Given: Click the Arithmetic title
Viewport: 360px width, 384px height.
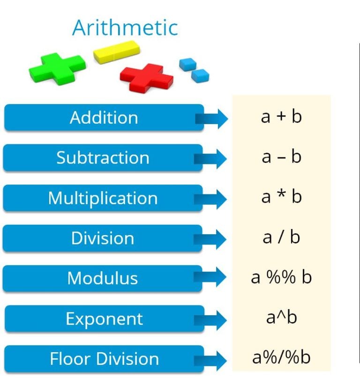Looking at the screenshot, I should (125, 28).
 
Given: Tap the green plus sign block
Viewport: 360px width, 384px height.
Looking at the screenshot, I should (57, 68).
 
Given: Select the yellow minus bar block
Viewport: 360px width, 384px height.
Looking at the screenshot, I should (117, 52).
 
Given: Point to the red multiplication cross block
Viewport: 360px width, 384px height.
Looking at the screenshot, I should (147, 76).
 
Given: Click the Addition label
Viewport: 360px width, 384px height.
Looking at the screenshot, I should (104, 118).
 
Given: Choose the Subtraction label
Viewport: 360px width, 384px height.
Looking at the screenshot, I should (103, 158).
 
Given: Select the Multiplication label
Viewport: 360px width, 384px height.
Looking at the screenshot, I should (103, 198).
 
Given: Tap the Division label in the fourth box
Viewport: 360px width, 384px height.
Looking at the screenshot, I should (103, 238).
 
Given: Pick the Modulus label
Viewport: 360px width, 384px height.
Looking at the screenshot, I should (103, 279).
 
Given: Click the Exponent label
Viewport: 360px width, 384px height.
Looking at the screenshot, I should (104, 319).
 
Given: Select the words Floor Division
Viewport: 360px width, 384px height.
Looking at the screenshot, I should (104, 359).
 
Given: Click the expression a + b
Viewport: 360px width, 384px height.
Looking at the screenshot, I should (281, 117).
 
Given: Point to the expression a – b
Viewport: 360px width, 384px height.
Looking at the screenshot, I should (281, 157).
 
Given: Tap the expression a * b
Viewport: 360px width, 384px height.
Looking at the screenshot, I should (281, 197).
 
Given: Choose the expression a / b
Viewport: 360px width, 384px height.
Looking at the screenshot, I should (281, 237).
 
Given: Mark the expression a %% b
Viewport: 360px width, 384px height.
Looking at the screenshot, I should (281, 278).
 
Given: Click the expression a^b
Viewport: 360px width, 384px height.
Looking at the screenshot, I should (281, 318).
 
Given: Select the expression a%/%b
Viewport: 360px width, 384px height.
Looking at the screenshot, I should (281, 358).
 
